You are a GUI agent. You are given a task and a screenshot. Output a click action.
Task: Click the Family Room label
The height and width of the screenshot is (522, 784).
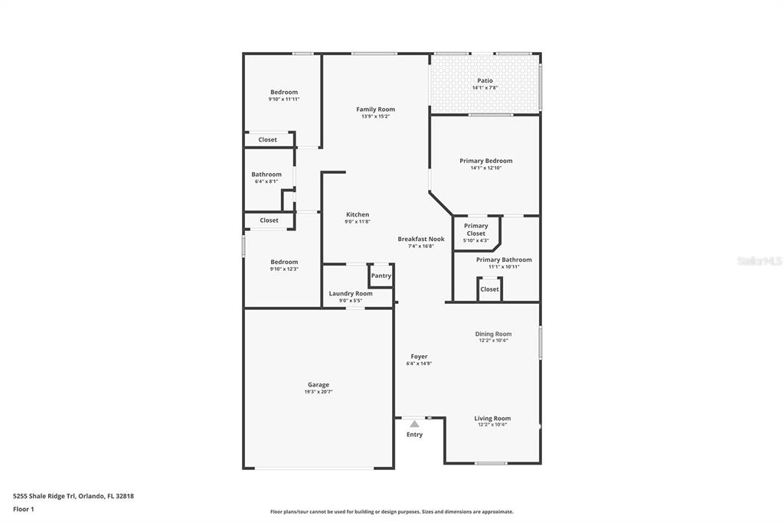pyautogui.click(x=375, y=109)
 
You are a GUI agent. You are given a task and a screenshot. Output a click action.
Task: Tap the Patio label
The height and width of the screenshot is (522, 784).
pyautogui.click(x=485, y=80)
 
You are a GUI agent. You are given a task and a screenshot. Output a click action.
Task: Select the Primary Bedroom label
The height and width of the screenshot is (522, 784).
pyautogui.click(x=485, y=161)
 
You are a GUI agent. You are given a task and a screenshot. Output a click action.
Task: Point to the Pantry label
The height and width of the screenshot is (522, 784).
pyautogui.click(x=381, y=276)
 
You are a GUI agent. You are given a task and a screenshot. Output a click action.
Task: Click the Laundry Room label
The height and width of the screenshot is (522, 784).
pyautogui.click(x=351, y=294)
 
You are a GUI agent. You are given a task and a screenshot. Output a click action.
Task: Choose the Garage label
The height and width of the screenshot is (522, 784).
pyautogui.click(x=318, y=385)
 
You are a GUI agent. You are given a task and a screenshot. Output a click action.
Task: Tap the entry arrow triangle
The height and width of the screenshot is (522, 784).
pyautogui.click(x=414, y=423)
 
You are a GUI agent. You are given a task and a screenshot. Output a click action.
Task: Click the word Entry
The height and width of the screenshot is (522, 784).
pyautogui.click(x=414, y=435)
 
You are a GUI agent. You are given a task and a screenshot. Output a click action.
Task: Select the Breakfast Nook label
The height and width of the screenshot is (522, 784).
pyautogui.click(x=420, y=239)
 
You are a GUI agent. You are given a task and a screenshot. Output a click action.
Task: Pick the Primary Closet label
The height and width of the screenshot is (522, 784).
pyautogui.click(x=475, y=230)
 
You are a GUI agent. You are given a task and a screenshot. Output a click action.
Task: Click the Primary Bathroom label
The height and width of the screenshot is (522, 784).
pyautogui.click(x=504, y=259)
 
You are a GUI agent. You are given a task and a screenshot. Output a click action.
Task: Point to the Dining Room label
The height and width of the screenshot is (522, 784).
pyautogui.click(x=493, y=334)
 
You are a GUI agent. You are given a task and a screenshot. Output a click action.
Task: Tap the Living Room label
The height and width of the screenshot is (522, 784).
pyautogui.click(x=492, y=419)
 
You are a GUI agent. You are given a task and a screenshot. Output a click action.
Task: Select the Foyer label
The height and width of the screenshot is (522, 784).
pyautogui.click(x=419, y=357)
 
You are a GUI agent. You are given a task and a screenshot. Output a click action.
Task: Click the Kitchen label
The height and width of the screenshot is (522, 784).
pyautogui.click(x=358, y=214)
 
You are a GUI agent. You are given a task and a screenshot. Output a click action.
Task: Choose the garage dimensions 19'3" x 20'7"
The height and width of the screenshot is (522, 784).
pyautogui.click(x=318, y=392)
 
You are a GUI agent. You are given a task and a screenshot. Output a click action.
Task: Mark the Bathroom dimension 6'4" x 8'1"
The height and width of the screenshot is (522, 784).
pyautogui.click(x=266, y=181)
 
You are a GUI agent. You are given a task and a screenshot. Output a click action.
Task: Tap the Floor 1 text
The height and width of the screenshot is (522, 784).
pyautogui.click(x=24, y=509)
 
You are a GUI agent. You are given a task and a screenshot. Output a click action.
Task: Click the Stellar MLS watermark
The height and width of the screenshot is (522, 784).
pyautogui.click(x=759, y=261)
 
